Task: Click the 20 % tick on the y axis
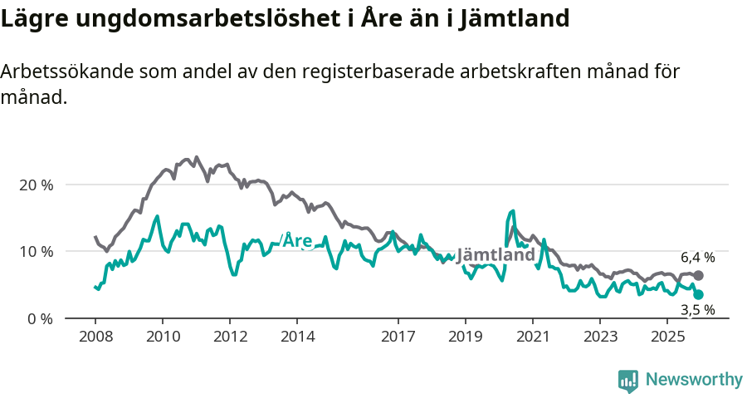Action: coord(36,185)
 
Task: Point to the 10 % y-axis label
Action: coord(36,252)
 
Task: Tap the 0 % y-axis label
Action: coord(40,318)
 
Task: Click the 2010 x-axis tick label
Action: coord(162,337)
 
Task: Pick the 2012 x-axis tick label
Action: coord(230,337)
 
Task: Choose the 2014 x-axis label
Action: coord(297,337)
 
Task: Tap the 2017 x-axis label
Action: coord(398,337)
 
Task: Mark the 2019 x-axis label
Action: coord(466,337)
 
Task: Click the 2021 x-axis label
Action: coord(533,337)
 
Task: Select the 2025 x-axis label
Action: coord(668,337)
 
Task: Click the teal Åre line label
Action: coord(297,241)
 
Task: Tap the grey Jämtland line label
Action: coord(496,255)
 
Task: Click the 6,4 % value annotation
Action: coord(697,258)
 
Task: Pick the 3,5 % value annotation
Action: coord(697,310)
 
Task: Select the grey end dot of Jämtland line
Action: coord(698,275)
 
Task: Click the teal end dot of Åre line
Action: coord(698,294)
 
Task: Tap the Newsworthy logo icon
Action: coord(628,381)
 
